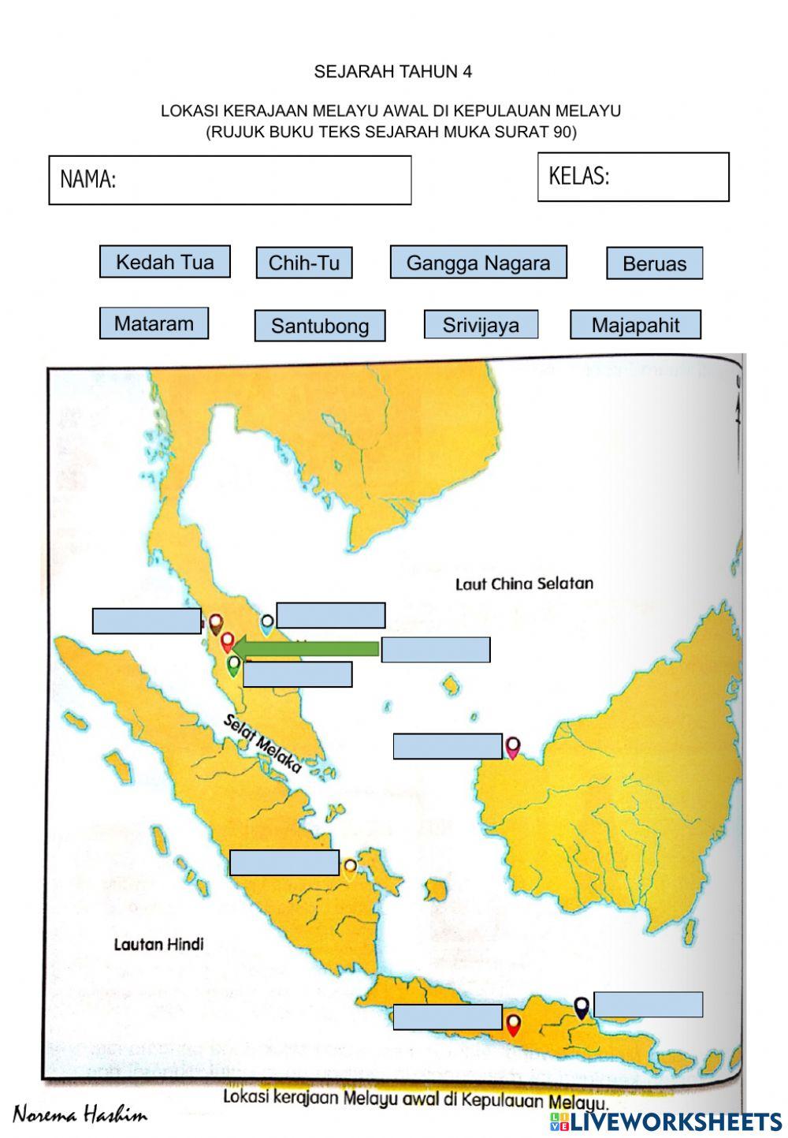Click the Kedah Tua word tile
(x=165, y=262)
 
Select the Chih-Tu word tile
(x=303, y=263)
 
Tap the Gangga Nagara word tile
(x=478, y=262)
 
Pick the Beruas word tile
(x=654, y=263)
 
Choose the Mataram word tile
(x=154, y=323)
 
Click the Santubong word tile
(x=319, y=326)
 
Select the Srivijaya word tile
(x=481, y=324)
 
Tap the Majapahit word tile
(x=635, y=325)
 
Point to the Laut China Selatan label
(x=524, y=584)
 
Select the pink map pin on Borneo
(x=513, y=746)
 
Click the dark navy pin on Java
(x=582, y=1007)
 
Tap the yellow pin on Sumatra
(x=350, y=868)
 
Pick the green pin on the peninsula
(x=233, y=666)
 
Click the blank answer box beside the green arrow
(x=436, y=650)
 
